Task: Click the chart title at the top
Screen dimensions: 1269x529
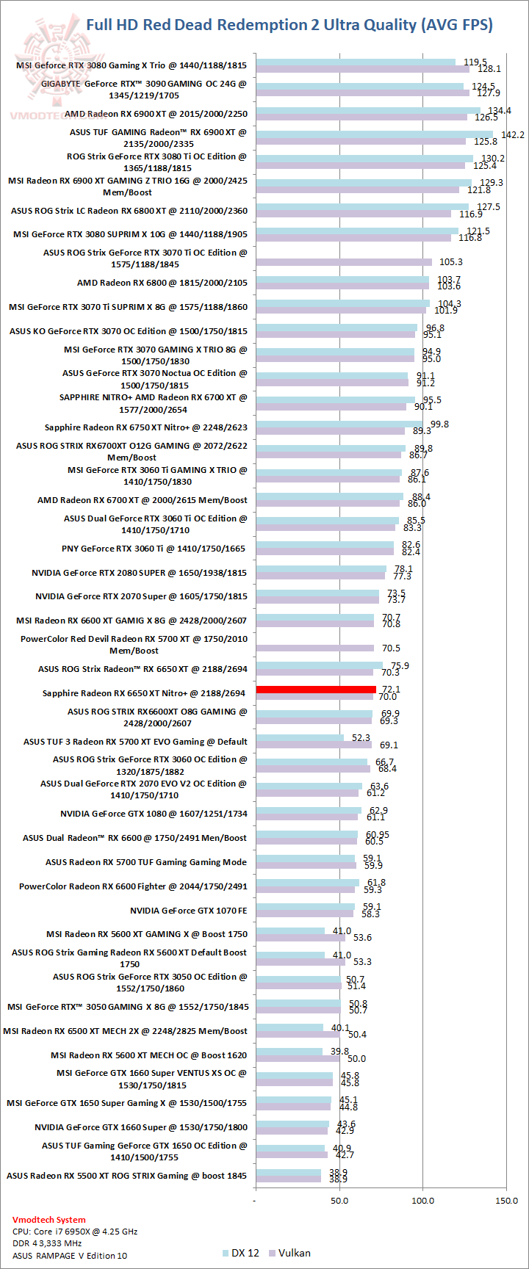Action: (x=289, y=25)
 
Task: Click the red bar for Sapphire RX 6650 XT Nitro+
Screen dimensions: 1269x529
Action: (x=316, y=690)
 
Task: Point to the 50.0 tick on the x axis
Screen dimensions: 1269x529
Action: (x=339, y=1201)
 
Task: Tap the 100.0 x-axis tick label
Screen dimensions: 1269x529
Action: (x=423, y=1201)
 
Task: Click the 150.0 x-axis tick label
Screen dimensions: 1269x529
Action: (x=507, y=1201)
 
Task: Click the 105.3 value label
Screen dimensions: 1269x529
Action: (x=450, y=262)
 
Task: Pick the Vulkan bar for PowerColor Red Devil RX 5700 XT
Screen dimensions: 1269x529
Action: (x=314, y=648)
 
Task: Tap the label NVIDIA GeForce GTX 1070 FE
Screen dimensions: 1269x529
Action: (x=189, y=911)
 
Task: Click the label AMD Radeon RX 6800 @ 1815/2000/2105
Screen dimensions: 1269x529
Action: (x=162, y=283)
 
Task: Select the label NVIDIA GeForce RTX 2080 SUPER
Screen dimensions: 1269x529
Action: (x=140, y=572)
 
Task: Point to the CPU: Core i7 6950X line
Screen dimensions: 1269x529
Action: (x=75, y=1232)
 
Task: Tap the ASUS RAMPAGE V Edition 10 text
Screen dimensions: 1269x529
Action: (x=70, y=1256)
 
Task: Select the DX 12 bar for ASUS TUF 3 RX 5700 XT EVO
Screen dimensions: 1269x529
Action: (x=300, y=738)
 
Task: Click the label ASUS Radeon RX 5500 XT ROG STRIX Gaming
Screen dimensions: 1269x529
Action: (x=126, y=1176)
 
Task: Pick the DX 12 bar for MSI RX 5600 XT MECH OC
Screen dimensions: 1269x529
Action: (x=289, y=1052)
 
